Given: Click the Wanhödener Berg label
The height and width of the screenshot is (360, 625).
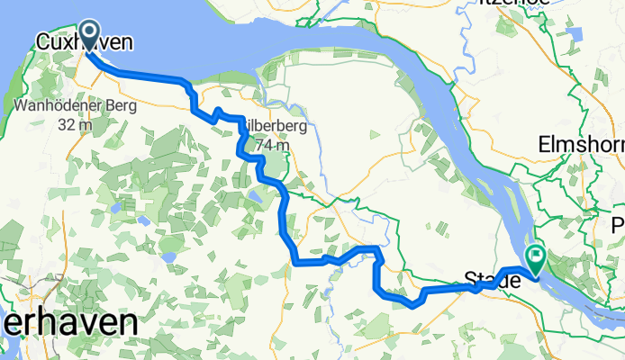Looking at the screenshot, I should [76, 107].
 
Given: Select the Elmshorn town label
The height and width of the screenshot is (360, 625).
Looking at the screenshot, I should [582, 143].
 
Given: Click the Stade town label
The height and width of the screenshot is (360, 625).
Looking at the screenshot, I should [492, 282].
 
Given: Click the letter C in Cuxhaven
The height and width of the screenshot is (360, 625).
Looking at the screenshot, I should [43, 41].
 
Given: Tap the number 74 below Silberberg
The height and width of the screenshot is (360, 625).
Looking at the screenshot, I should [262, 144].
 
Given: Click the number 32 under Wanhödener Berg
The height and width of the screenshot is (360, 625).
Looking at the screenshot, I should [68, 124].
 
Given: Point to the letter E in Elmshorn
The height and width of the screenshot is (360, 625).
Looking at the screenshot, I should [544, 143].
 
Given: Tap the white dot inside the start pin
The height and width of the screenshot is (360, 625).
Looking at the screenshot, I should [90, 32].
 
